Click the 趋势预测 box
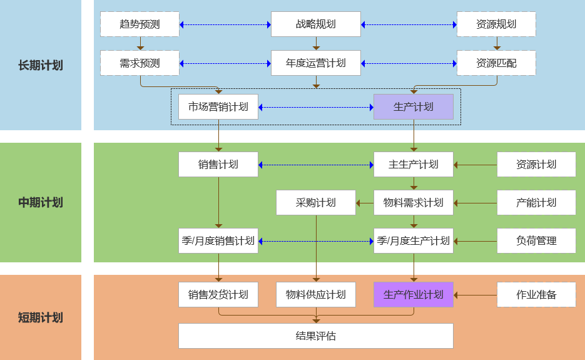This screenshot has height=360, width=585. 140,24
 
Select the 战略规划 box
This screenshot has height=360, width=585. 316,24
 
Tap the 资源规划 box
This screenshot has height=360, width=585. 496,24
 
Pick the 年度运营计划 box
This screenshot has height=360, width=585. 316,63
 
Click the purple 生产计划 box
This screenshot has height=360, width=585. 413,107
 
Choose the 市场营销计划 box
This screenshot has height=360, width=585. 218,107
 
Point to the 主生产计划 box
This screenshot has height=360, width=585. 413,165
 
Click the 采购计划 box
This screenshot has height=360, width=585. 316,203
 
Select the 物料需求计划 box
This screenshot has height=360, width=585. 413,203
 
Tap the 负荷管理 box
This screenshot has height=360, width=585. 536,241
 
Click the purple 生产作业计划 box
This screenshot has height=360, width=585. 413,294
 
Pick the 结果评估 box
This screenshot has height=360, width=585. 316,336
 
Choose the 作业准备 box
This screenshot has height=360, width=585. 536,294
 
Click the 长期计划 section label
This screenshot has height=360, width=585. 41,65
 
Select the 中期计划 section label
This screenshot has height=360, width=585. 41,202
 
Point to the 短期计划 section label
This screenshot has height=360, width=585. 41,317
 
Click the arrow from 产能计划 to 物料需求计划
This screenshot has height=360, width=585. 475,203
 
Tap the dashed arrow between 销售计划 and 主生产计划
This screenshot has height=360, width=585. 316,165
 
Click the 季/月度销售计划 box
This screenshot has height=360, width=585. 218,241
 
